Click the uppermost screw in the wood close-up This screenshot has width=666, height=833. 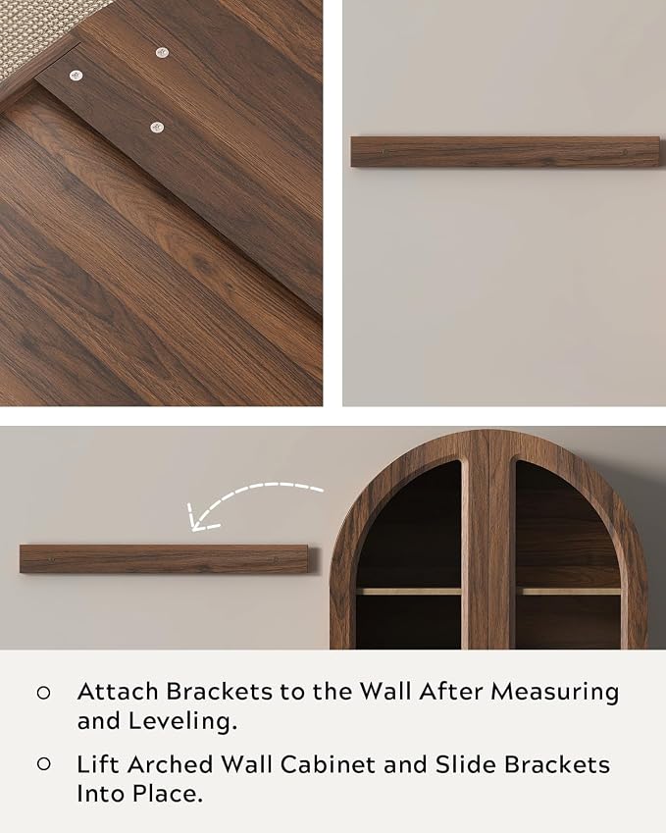(162, 52)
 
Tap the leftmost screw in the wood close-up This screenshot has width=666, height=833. (77, 76)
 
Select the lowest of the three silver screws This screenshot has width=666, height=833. (156, 127)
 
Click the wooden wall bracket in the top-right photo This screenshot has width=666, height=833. (504, 151)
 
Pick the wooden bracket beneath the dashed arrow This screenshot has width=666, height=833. (165, 559)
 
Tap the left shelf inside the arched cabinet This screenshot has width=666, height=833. (409, 591)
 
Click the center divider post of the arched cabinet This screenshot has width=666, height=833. (488, 540)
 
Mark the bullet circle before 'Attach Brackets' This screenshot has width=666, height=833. (43, 693)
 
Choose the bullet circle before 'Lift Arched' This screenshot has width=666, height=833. (43, 764)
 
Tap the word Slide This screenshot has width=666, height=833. (466, 764)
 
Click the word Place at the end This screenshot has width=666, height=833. (168, 794)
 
